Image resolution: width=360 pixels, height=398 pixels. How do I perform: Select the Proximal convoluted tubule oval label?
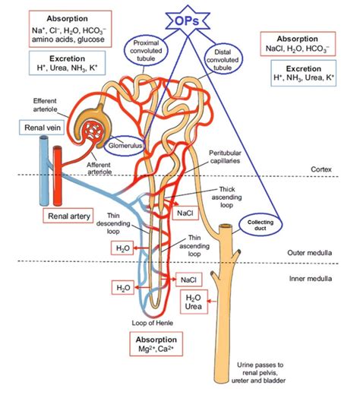tap(152, 52)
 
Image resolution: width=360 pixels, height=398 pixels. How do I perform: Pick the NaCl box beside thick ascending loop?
tap(185, 213)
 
